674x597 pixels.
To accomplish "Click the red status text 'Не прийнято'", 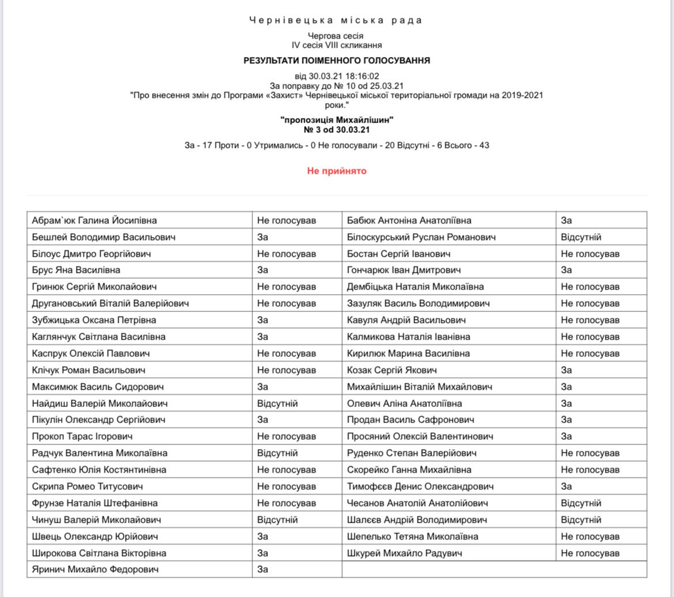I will pos(336,171).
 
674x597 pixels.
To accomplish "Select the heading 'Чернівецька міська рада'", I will pos(336,21).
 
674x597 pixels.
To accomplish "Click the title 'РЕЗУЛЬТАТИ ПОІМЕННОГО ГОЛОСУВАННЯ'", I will pos(336,60).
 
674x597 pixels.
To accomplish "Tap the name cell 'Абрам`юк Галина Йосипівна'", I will pos(94,220).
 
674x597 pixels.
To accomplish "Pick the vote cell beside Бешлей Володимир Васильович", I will pos(263,237).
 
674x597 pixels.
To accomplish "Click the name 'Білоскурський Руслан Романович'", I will pos(421,237).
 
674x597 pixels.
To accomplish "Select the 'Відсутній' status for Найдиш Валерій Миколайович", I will pos(277,404).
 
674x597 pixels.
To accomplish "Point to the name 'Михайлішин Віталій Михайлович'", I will pos(419,387).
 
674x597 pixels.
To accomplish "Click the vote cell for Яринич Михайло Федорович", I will pos(263,570).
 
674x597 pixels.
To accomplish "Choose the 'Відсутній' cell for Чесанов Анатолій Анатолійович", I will pos(581,503).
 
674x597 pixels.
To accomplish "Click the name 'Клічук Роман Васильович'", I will pos(89,370).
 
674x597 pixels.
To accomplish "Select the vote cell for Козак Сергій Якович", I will pos(567,370).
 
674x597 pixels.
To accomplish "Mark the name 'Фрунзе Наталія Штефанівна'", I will pos(95,503).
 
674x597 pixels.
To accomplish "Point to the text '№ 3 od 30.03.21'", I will pos(336,130).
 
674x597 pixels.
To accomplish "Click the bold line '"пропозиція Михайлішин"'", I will pos(336,120).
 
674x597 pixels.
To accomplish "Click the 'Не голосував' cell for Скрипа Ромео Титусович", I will pos(286,486).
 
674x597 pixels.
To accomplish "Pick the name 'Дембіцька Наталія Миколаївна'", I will pos(415,287).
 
